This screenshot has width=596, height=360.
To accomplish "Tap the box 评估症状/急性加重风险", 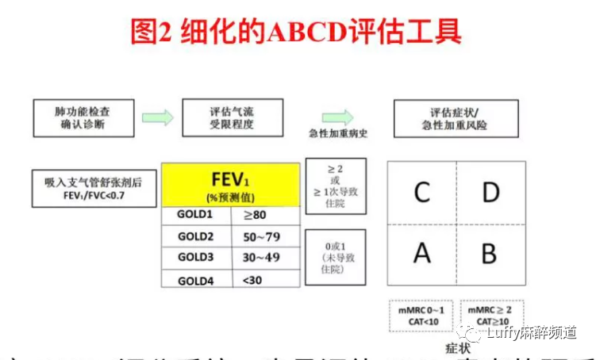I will point(454,117).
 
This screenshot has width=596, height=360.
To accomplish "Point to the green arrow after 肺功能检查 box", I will point(157,117).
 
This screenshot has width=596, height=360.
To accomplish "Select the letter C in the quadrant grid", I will point(422,192).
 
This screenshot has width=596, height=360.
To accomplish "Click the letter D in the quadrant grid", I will point(489,192).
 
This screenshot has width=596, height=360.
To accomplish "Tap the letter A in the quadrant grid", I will point(422,253).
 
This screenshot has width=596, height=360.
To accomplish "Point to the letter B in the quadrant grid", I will point(489,253).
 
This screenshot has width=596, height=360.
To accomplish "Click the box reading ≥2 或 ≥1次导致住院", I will point(335,186).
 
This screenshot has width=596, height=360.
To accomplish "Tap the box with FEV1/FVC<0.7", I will point(94,187).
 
